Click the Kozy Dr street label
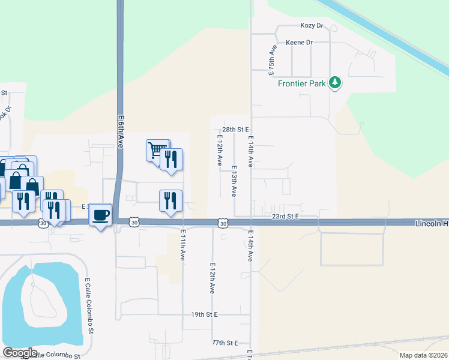coord(312,26)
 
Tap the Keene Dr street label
coord(300,43)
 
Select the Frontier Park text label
coord(301,83)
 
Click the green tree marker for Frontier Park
coord(335,83)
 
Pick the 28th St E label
coord(235,129)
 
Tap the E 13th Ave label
coord(234,181)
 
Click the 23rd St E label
coord(285,215)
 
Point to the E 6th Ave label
coord(121,133)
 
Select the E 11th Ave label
coord(182,244)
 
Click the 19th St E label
coord(205,314)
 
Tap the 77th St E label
coord(225,343)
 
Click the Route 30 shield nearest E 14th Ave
coord(223,223)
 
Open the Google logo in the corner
coord(20,353)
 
